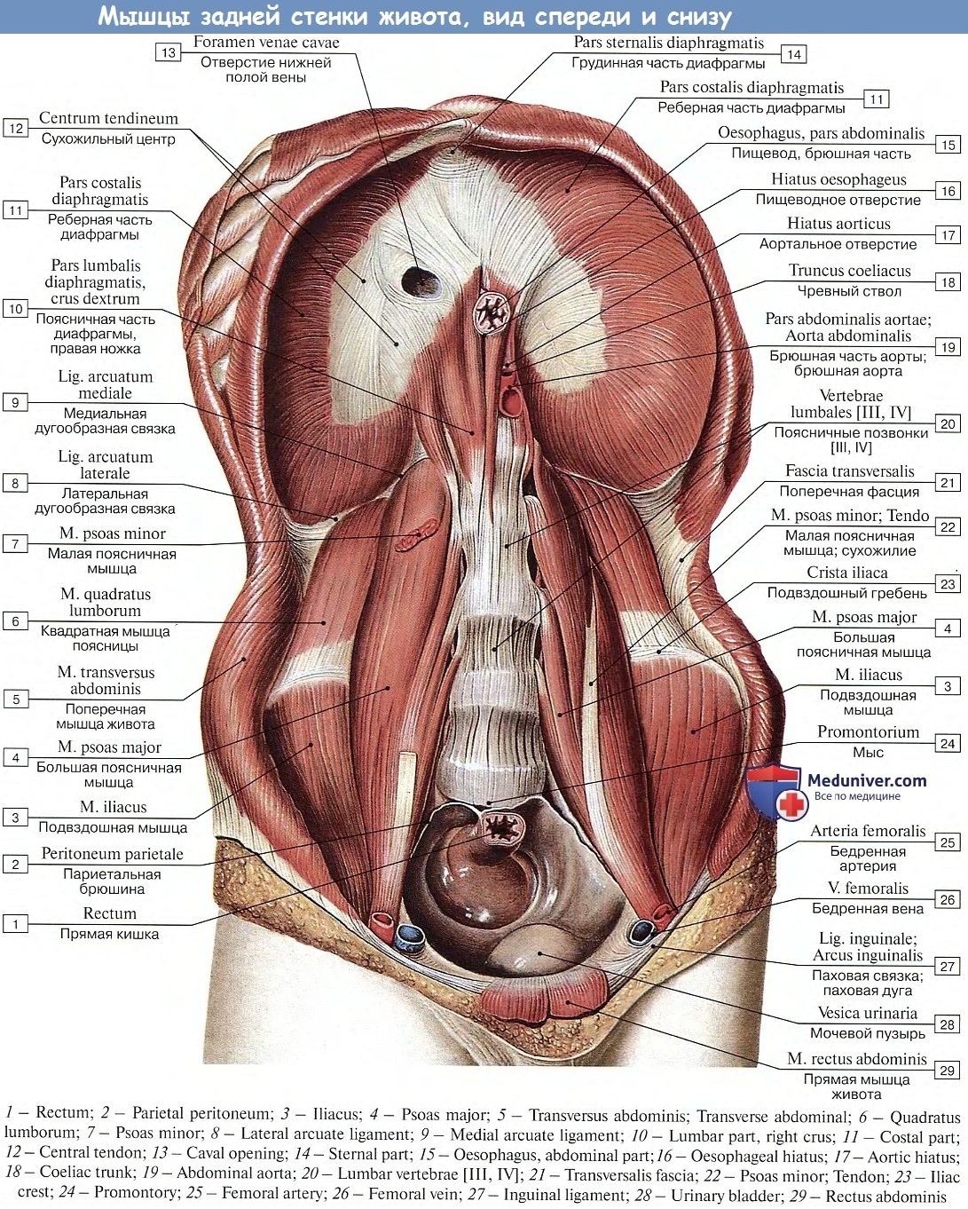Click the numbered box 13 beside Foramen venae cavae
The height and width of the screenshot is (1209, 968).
click(x=169, y=52)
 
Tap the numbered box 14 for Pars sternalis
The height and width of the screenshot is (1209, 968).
click(x=793, y=54)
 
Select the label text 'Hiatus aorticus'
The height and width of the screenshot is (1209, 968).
click(x=838, y=224)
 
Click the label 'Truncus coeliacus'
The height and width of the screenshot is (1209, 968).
click(x=849, y=270)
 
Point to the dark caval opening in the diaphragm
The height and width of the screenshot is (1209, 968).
click(x=421, y=281)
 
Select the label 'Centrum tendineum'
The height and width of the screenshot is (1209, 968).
click(x=108, y=118)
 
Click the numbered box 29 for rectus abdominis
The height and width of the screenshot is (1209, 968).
click(x=947, y=1071)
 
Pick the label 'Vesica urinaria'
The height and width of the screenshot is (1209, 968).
click(x=868, y=1012)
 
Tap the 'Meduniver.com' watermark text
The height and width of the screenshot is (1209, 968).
click(x=866, y=780)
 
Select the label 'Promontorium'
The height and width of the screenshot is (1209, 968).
click(x=868, y=731)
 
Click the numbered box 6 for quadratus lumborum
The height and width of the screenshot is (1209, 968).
click(x=16, y=621)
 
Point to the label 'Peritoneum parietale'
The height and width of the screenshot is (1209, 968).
click(x=113, y=853)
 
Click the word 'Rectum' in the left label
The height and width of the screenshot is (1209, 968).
click(x=109, y=913)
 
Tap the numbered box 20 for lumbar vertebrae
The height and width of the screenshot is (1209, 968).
click(x=948, y=424)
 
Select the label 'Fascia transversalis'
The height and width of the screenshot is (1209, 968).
click(x=849, y=470)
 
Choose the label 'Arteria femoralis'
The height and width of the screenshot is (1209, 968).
click(x=868, y=830)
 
